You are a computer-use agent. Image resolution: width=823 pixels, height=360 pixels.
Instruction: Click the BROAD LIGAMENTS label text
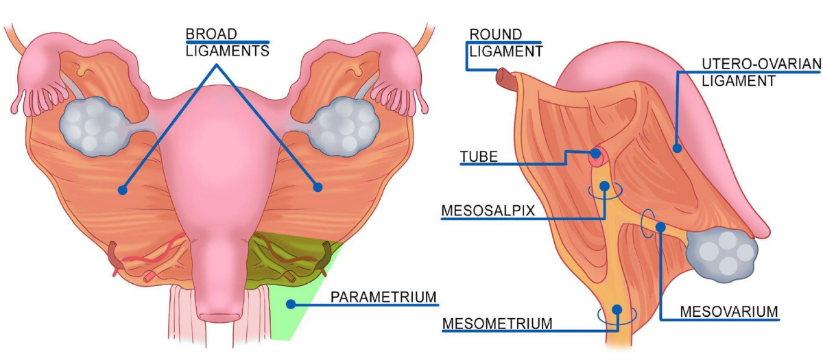coord(227,43)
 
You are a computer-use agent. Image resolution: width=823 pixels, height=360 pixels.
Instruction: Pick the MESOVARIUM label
coord(729,311)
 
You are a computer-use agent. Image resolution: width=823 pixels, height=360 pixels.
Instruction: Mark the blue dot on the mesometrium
coord(617,310)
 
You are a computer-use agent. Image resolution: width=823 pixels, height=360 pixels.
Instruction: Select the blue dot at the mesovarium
coord(658,226)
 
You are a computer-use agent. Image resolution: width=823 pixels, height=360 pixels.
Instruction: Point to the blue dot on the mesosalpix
coord(604,186)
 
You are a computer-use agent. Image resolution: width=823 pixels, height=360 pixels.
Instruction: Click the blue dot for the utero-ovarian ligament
coord(677,147)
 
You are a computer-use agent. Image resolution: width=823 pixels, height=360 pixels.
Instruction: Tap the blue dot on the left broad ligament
coord(123,189)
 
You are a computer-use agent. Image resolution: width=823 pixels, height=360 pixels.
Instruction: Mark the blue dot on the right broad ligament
coord(318,186)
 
